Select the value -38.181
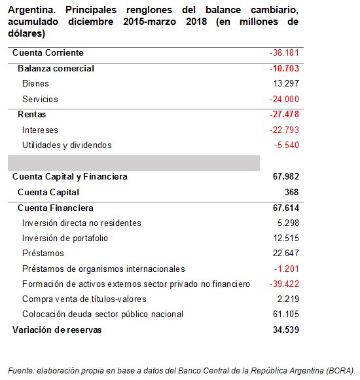pos(284,52)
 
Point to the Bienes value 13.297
pos(286,83)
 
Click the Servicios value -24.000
pos(284,99)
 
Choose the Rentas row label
pos(31,114)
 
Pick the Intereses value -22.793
pos(284,130)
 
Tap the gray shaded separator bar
pos(134,162)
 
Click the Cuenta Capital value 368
pos(291,192)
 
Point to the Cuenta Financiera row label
pos(56,208)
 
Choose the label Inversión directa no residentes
pos(82,223)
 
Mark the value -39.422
pos(284,284)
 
